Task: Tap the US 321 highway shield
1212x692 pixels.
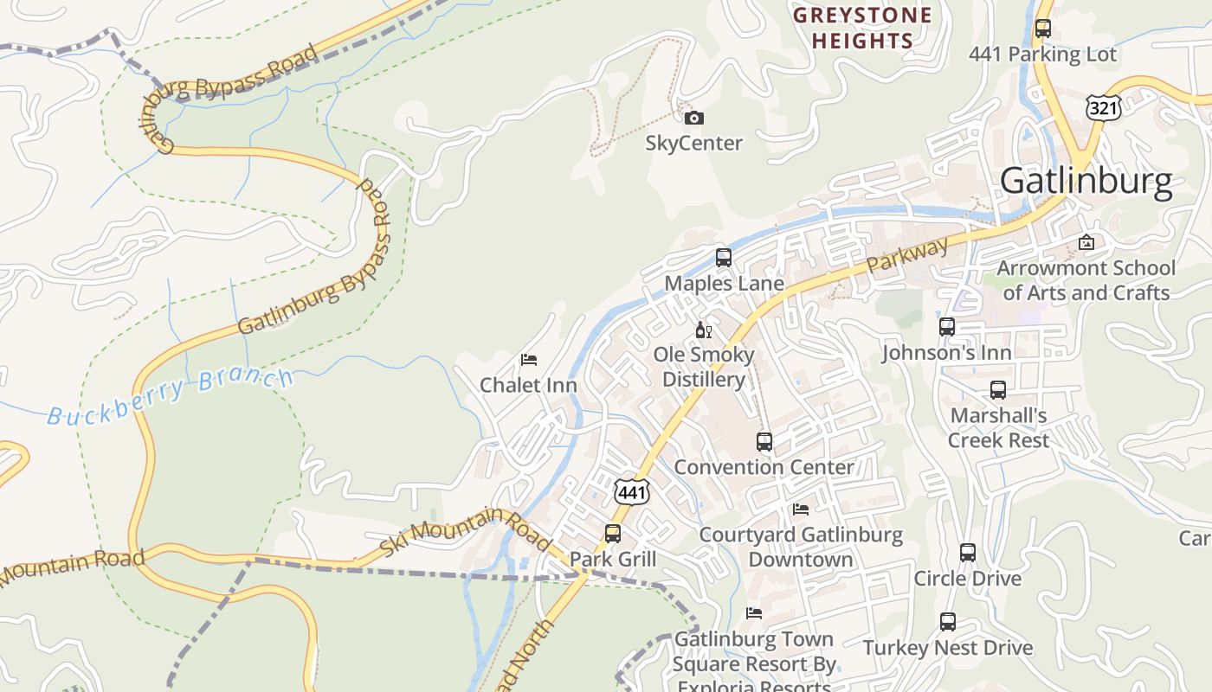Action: click(x=1102, y=108)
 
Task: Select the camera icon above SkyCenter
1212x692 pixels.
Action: click(x=693, y=118)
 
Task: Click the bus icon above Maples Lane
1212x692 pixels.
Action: click(x=724, y=257)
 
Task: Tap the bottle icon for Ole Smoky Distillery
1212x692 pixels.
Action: click(x=703, y=330)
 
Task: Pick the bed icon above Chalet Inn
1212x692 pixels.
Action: click(x=529, y=359)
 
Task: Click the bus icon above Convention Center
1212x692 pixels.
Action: click(x=764, y=441)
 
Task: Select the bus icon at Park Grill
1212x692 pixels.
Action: click(x=613, y=533)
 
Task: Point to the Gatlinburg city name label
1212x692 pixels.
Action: click(x=1086, y=182)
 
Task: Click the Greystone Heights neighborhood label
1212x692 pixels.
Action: click(x=862, y=28)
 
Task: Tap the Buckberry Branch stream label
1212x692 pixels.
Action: click(x=171, y=396)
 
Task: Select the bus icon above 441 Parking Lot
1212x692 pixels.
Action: click(x=1043, y=28)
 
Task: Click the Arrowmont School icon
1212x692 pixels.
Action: click(x=1086, y=242)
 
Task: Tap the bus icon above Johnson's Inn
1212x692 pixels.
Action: click(x=947, y=327)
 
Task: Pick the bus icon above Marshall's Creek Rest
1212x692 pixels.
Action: click(x=998, y=389)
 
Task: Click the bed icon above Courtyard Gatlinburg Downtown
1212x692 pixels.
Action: click(x=801, y=509)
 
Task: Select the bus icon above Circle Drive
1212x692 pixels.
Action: click(x=968, y=552)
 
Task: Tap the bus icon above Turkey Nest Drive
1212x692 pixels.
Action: click(x=948, y=621)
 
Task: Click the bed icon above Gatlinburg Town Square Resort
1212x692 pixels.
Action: click(x=754, y=612)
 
